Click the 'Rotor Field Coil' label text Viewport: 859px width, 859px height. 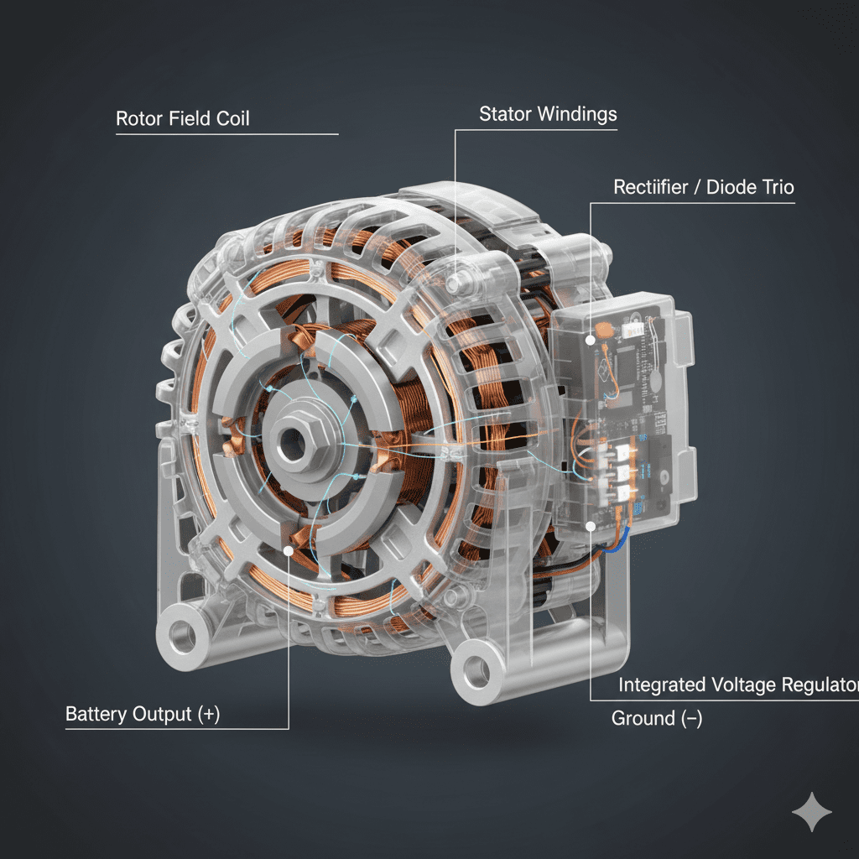click(182, 118)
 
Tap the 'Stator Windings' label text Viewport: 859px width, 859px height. click(548, 114)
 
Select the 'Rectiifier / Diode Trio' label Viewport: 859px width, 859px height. click(704, 187)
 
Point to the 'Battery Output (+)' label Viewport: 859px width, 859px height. click(143, 715)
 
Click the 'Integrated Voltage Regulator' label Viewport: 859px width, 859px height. click(738, 685)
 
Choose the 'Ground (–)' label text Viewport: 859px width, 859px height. click(656, 718)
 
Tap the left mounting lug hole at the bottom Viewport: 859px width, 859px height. click(182, 636)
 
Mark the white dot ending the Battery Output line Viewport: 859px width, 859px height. click(289, 550)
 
